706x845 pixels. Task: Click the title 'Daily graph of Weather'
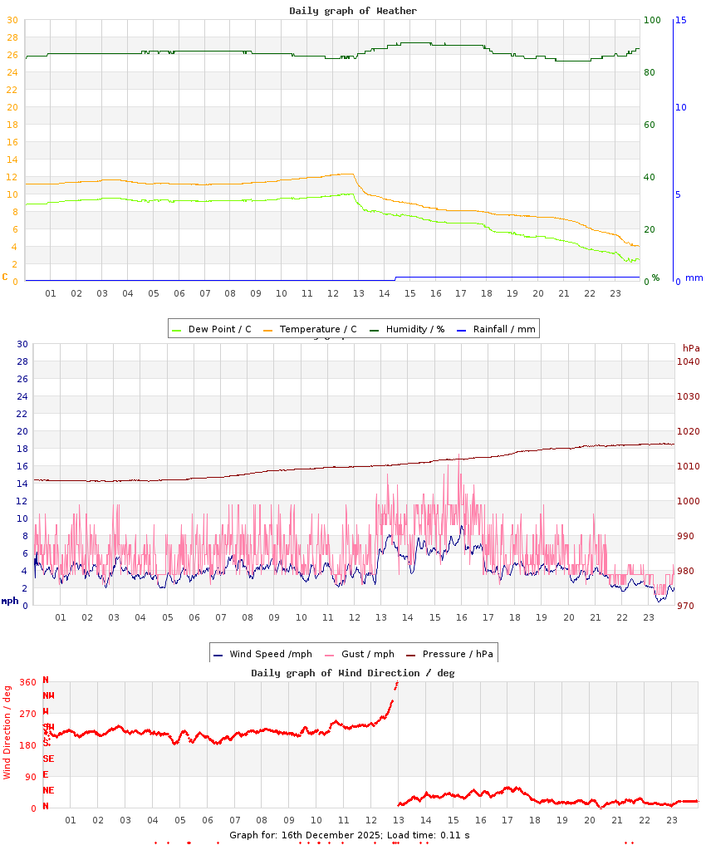tap(353, 11)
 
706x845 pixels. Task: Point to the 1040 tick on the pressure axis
tap(689, 361)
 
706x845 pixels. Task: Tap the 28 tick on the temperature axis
tap(12, 37)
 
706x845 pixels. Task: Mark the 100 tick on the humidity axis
tap(653, 20)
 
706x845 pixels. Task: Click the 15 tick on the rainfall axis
tap(681, 20)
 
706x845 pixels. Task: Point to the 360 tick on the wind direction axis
tap(28, 682)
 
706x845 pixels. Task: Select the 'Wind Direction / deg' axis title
tap(7, 732)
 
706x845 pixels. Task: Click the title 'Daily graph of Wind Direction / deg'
tap(353, 672)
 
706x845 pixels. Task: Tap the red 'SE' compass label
tap(48, 759)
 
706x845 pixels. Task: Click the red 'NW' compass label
tap(48, 695)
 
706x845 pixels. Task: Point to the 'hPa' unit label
tap(691, 347)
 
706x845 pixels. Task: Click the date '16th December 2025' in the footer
tap(338, 834)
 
